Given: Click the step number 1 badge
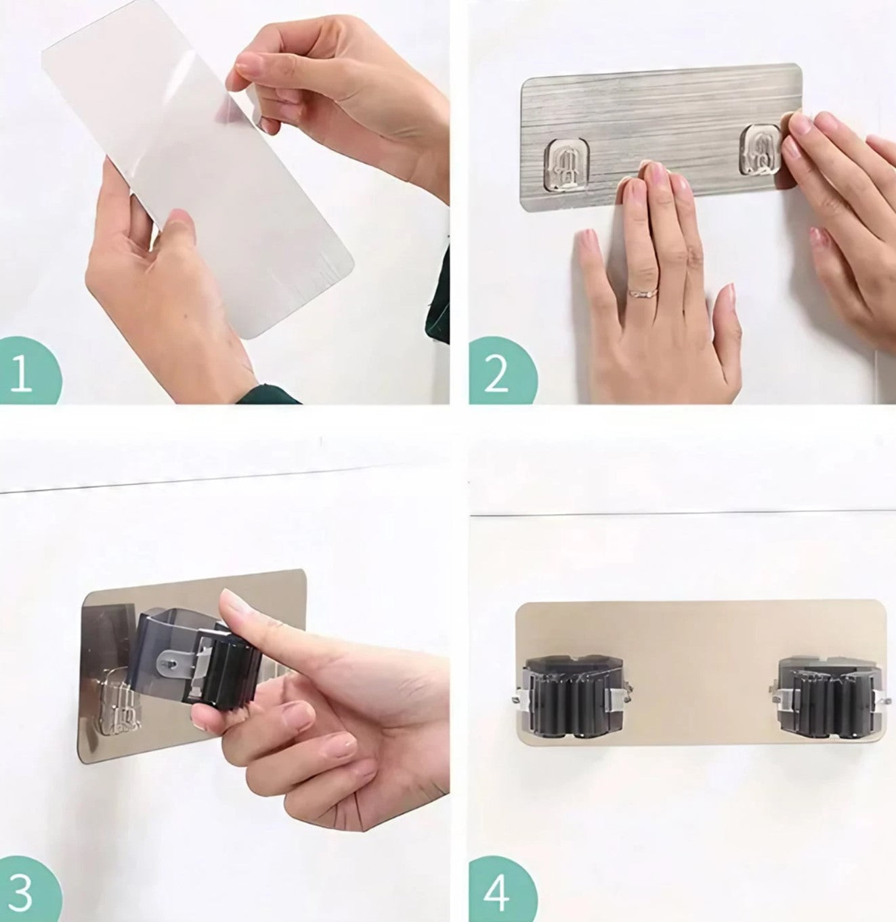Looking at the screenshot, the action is [28, 372].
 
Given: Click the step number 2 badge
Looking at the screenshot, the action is [501, 372].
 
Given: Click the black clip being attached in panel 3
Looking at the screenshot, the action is [199, 658].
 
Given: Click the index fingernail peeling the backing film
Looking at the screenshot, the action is [248, 63].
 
